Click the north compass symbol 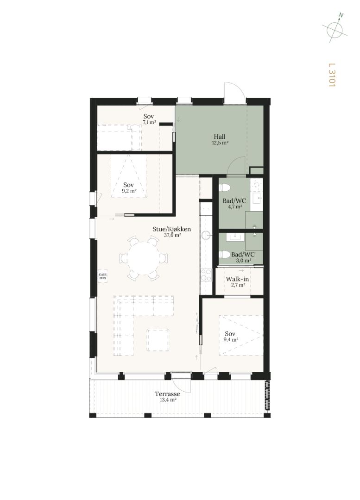335,28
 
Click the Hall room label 220,137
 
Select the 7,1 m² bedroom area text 149,122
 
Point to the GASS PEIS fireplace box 102,276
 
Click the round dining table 144,258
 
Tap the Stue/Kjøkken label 172,229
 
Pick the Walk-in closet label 237,279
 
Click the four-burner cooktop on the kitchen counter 206,275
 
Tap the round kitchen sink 206,235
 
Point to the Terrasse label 167,394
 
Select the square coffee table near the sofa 158,340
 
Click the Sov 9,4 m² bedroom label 230,337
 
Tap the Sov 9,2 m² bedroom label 129,188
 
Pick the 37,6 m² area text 172,235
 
